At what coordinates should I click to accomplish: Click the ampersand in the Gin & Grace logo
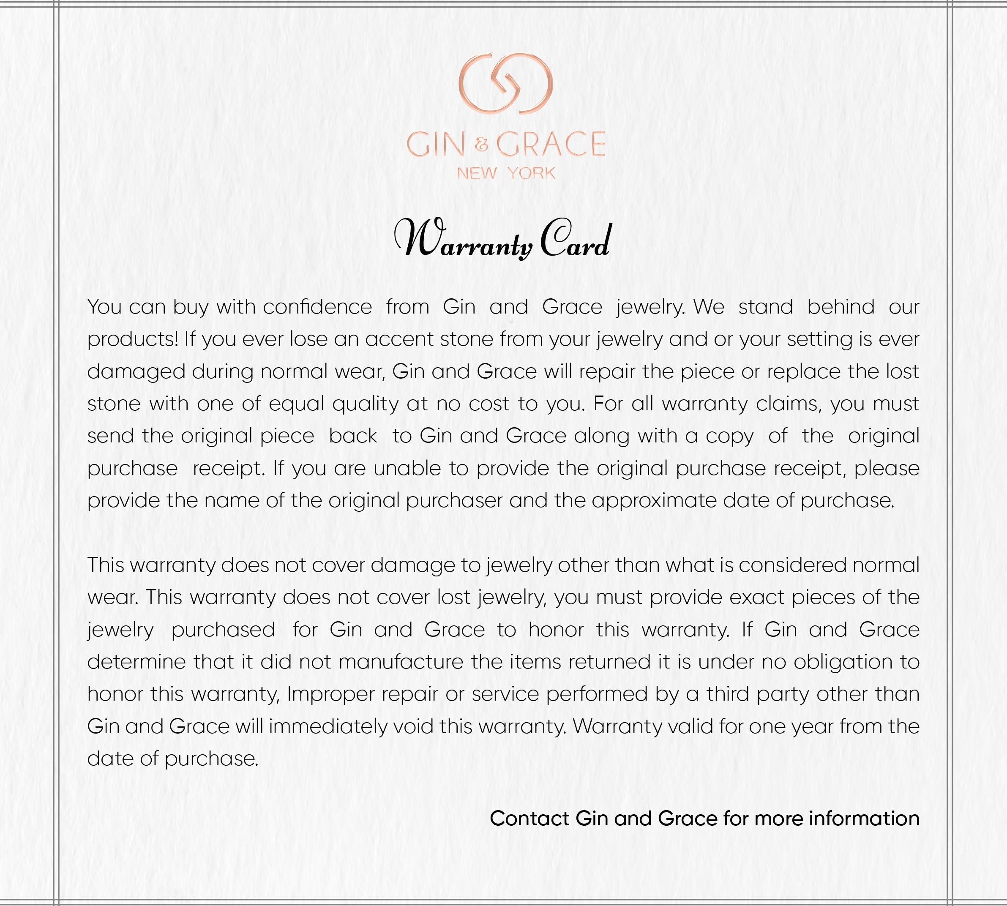coord(482,145)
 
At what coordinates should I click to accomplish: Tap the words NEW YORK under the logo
coord(506,174)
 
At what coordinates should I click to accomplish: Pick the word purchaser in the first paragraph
coord(454,500)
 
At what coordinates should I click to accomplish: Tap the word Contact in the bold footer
coord(529,819)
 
